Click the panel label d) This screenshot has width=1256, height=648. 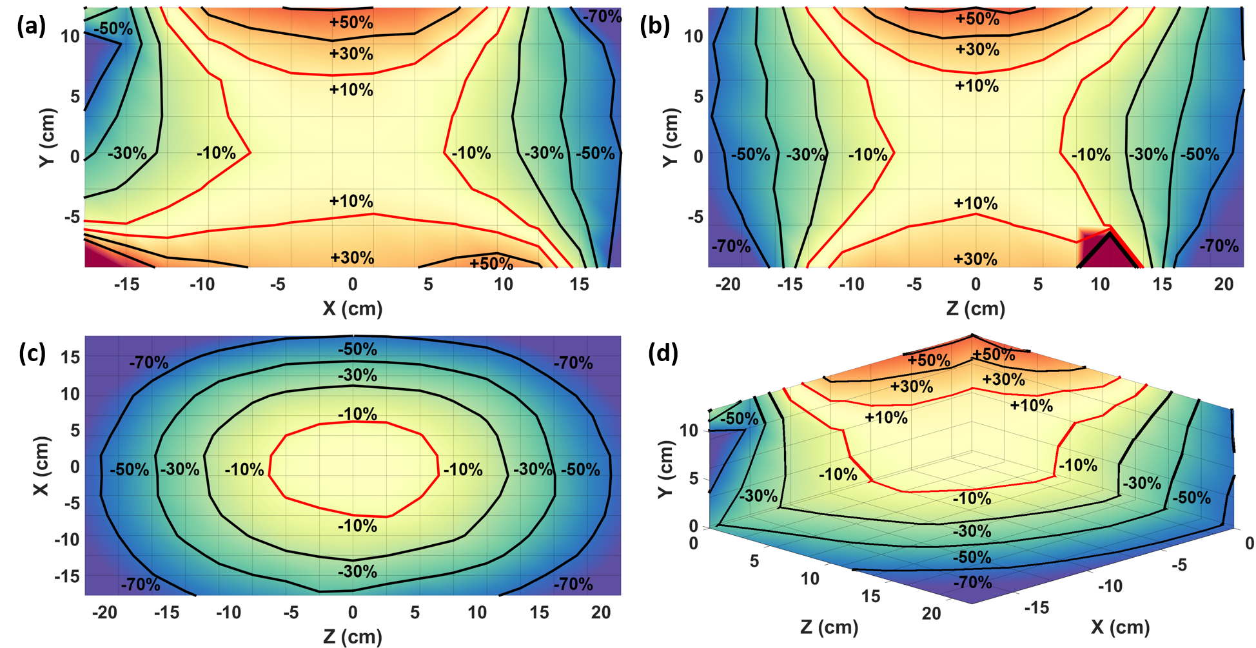(x=667, y=353)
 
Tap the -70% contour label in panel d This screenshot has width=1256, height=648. (x=972, y=582)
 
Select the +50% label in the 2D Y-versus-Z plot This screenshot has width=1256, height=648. (x=977, y=19)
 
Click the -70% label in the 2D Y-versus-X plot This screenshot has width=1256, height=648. (x=602, y=16)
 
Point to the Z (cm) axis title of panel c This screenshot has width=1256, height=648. (x=352, y=637)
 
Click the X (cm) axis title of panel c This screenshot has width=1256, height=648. (x=41, y=466)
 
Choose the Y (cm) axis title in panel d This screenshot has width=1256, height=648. (x=665, y=469)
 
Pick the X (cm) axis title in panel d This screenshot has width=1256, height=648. (x=1121, y=627)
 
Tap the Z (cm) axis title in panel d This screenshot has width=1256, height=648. (x=829, y=627)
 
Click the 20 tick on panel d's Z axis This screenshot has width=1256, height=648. (x=931, y=613)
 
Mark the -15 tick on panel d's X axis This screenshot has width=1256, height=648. (x=1037, y=607)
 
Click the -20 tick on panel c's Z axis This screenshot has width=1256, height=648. (x=104, y=613)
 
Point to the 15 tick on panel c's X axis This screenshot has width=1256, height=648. (x=70, y=357)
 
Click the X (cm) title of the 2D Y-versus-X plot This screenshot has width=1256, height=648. (x=352, y=308)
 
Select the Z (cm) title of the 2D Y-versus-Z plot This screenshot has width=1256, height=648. (x=976, y=308)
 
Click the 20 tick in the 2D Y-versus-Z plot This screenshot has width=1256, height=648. (x=1223, y=284)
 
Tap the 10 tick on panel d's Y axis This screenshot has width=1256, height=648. (x=689, y=430)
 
